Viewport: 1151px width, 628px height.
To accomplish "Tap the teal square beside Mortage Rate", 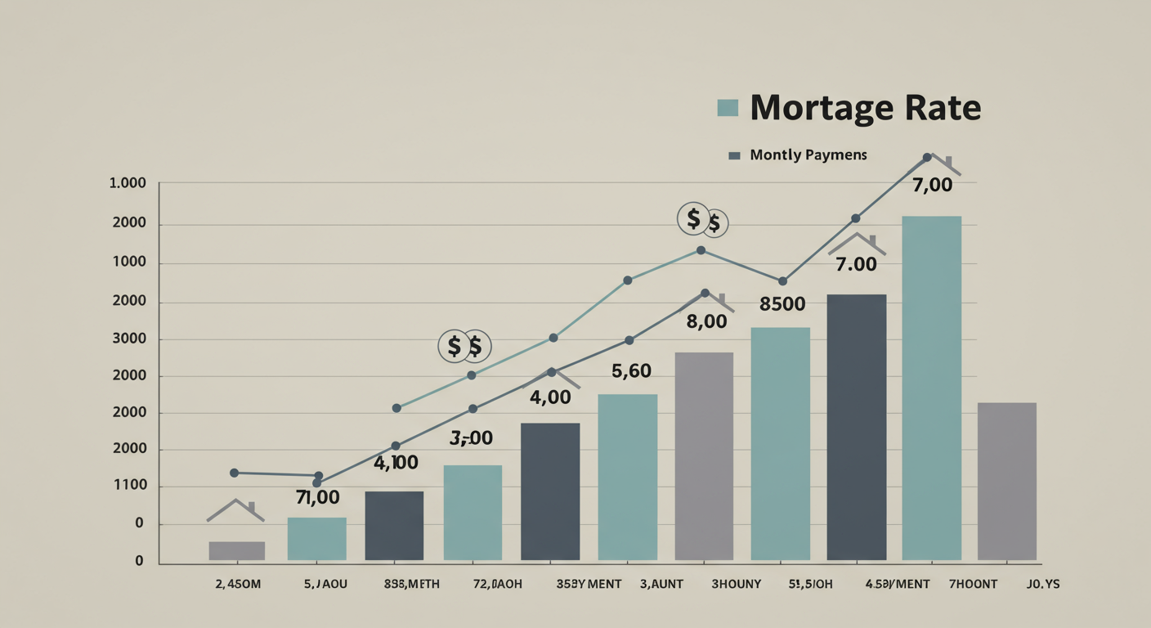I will coord(727,108).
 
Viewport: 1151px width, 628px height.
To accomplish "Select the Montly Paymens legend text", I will coord(808,155).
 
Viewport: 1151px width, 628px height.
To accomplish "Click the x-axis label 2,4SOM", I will coord(238,584).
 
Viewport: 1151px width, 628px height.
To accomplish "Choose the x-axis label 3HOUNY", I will coord(736,584).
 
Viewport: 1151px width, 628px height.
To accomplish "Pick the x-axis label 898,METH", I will coord(412,584).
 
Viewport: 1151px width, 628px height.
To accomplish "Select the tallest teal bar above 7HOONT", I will coord(931,388).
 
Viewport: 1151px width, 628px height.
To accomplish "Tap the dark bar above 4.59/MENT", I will coord(856,427).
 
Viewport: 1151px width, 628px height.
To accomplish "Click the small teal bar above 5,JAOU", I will coord(316,538).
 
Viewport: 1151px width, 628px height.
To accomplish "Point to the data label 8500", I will coord(782,305).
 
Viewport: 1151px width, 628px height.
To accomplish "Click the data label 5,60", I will coord(631,372).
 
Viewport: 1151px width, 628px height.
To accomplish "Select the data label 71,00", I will coord(317,497).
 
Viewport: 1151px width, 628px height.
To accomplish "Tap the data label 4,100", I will coord(396,463).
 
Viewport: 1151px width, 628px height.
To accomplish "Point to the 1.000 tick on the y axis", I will coord(127,183).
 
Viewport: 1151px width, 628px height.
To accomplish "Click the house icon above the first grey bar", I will coord(235,511).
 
